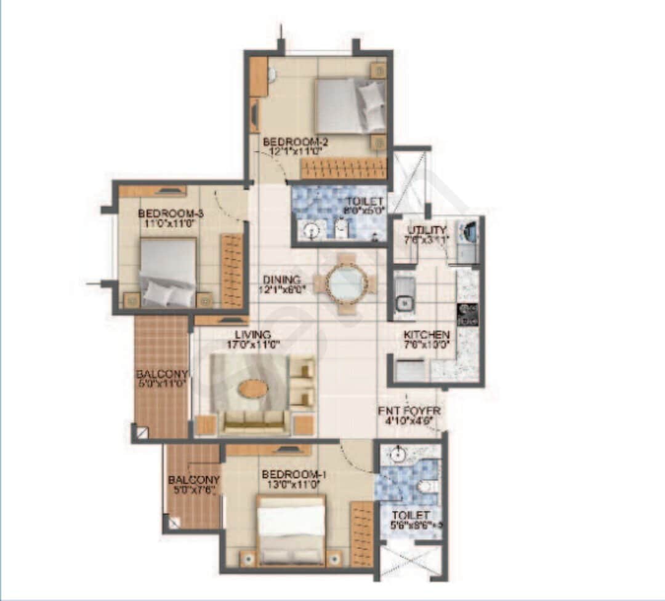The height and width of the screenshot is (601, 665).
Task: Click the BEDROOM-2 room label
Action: click(x=291, y=141)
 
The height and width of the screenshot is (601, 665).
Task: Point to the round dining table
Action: click(x=344, y=284)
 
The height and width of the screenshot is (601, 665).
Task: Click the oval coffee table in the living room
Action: click(x=253, y=389)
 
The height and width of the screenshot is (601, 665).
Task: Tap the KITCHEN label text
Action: click(x=427, y=335)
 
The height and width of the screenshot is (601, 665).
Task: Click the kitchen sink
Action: click(x=404, y=301)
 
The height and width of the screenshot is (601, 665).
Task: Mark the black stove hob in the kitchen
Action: click(x=467, y=314)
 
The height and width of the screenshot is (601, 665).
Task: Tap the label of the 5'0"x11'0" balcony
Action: click(x=161, y=374)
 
